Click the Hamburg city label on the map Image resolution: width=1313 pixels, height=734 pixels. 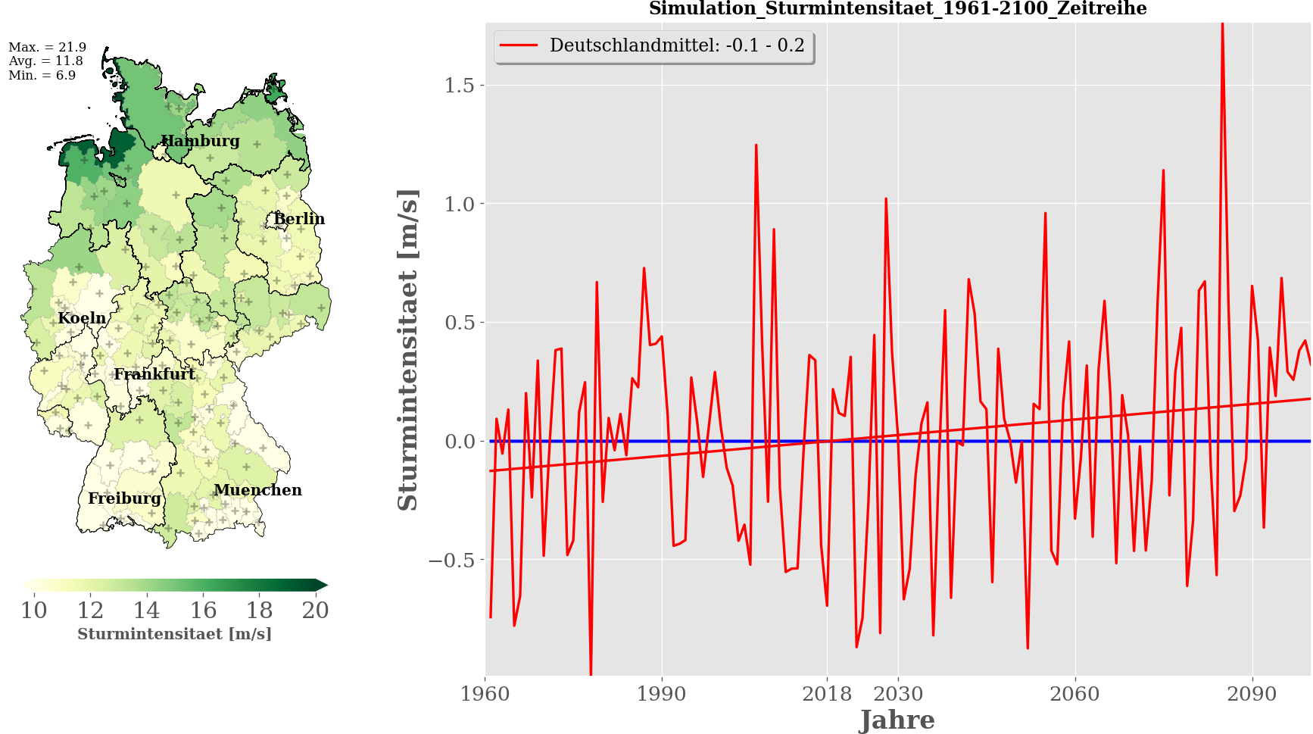200,141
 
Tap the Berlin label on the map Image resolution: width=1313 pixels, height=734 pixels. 298,219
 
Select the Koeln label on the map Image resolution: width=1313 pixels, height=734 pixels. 82,318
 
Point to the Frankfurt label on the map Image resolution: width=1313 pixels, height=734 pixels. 154,374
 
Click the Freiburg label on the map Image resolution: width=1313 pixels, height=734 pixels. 124,498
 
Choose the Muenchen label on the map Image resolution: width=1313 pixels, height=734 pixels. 257,490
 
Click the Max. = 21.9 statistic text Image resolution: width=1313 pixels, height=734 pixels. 47,47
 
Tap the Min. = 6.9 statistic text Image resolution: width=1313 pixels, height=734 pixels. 42,75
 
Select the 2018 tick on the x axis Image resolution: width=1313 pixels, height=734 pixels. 827,694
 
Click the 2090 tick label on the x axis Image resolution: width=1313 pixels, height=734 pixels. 1252,694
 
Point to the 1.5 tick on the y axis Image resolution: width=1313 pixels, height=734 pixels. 460,86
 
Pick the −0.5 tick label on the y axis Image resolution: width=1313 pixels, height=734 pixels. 451,561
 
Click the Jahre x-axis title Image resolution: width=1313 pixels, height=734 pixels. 897,720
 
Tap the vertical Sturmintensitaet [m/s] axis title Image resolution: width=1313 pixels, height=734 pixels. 408,350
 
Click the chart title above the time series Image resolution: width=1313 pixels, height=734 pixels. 897,9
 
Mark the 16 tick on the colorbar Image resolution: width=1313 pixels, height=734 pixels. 203,611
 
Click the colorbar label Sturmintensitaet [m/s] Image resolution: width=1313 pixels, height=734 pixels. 174,634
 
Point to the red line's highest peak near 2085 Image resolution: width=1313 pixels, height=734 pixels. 1222,26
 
